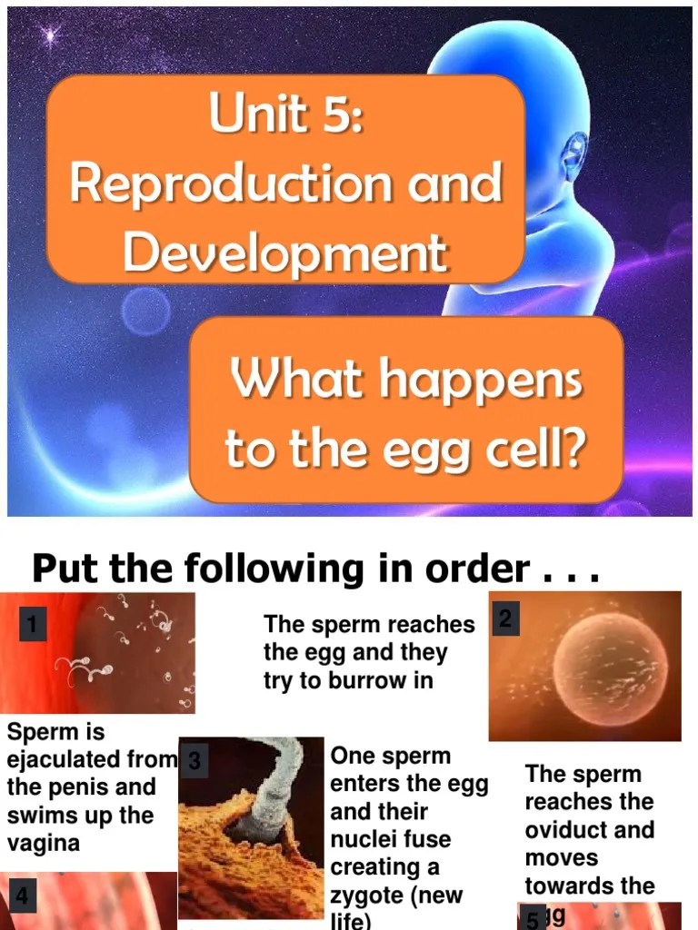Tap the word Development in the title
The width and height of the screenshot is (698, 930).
(x=285, y=252)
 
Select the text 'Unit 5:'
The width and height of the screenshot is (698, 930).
(x=285, y=116)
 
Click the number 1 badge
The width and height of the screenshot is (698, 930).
(x=32, y=625)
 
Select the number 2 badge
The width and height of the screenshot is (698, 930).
(x=505, y=620)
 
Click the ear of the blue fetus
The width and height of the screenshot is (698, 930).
(x=576, y=154)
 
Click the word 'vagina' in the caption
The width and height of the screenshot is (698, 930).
(x=43, y=842)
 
